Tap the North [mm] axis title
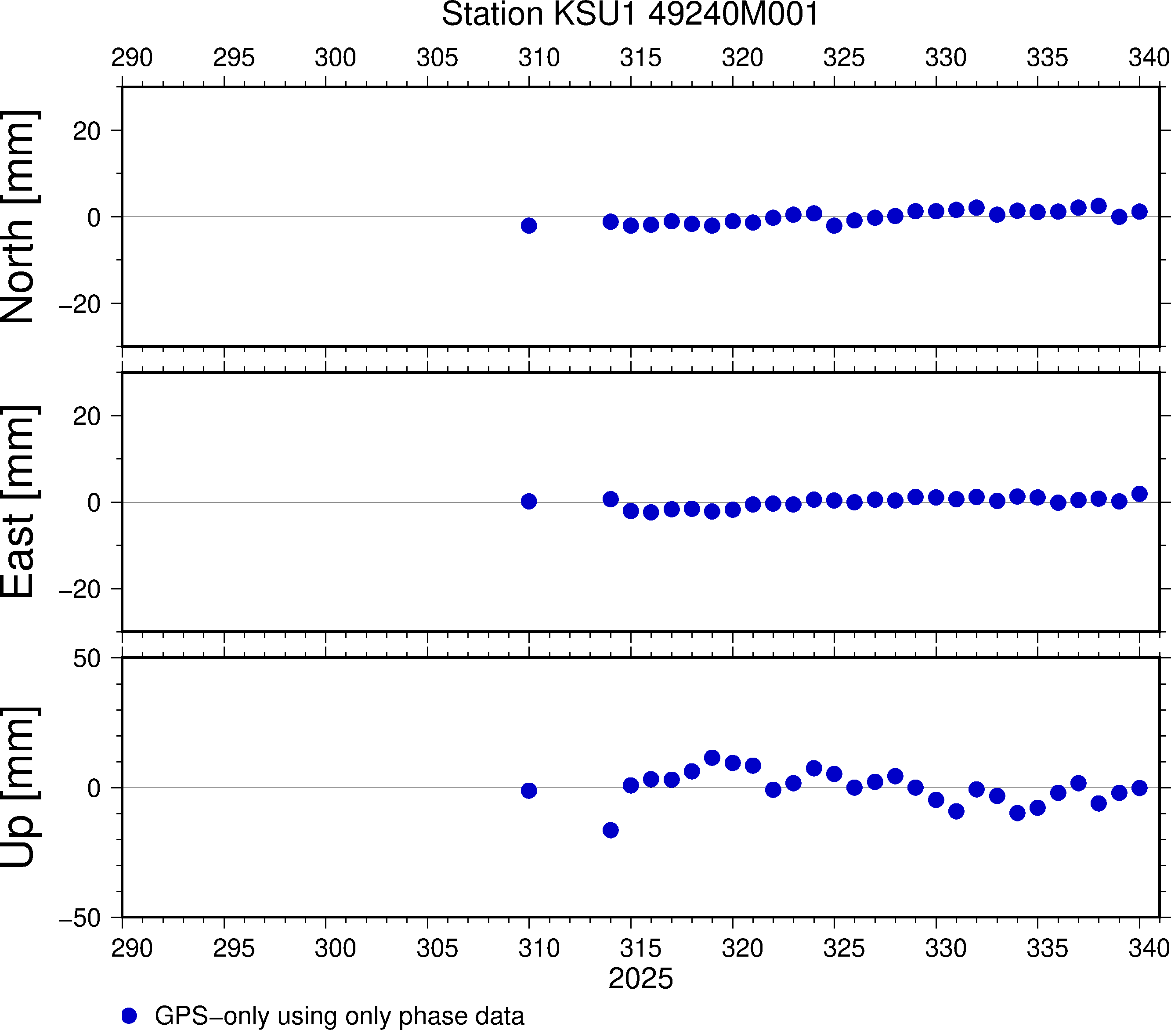pos(19,217)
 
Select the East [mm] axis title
pos(19,502)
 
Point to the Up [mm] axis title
pos(19,787)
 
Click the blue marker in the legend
pos(130,1016)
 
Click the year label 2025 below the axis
pos(640,979)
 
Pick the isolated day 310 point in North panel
pos(529,225)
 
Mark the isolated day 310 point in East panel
pos(529,501)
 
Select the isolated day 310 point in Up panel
pos(529,791)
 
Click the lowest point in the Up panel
pos(611,830)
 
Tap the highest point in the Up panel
pos(712,758)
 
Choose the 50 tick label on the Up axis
pos(87,659)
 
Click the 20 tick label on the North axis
pos(87,131)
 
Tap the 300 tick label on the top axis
pos(335,57)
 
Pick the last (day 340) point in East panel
pos(1139,494)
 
